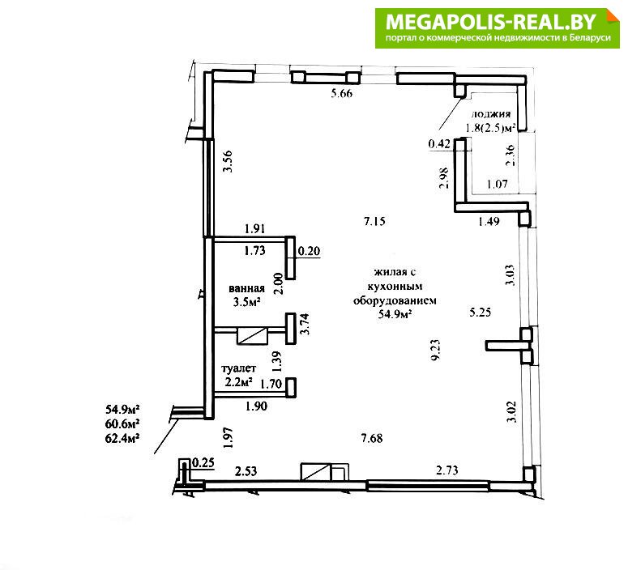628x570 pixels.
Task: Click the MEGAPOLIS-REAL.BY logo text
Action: pos(491,22)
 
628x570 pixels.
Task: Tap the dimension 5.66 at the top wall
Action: pos(342,94)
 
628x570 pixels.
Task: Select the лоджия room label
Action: pos(490,113)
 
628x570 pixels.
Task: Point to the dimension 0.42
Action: pos(439,143)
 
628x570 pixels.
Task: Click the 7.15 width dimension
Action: pos(375,221)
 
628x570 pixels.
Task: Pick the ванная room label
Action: pos(246,288)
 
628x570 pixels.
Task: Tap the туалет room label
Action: pos(239,368)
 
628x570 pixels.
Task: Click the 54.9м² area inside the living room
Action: pos(395,314)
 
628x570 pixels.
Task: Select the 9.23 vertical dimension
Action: pos(435,350)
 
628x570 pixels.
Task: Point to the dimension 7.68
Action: pos(372,438)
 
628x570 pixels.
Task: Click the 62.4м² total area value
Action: pos(122,438)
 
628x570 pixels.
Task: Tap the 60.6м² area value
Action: pos(122,423)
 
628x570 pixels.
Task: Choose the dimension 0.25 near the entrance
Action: pos(203,463)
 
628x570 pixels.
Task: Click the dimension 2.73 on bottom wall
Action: pos(447,470)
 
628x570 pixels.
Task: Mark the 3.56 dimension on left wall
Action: pos(228,161)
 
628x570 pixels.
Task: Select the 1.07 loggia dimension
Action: pos(497,184)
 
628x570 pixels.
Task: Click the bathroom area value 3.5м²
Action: pos(246,302)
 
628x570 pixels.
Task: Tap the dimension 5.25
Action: pos(481,312)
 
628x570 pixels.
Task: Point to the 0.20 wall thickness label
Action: pos(310,251)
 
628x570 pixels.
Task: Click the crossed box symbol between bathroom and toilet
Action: pos(252,335)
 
